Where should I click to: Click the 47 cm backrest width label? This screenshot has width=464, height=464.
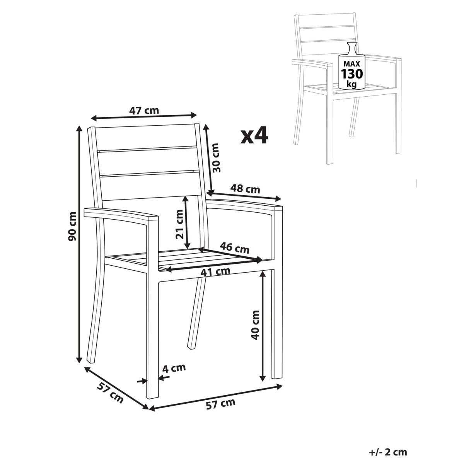pyautogui.click(x=144, y=111)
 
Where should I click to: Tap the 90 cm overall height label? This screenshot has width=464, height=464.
pyautogui.click(x=72, y=226)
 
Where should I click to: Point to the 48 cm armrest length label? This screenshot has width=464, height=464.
pyautogui.click(x=245, y=189)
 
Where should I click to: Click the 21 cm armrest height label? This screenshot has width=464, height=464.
pyautogui.click(x=180, y=224)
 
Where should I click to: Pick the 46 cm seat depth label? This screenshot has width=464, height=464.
pyautogui.click(x=234, y=248)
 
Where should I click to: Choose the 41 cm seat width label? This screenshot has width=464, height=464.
pyautogui.click(x=215, y=271)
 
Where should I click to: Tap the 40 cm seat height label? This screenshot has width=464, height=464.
pyautogui.click(x=255, y=325)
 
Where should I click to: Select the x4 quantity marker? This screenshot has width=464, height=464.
pyautogui.click(x=254, y=136)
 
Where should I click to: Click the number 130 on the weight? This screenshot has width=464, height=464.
pyautogui.click(x=352, y=74)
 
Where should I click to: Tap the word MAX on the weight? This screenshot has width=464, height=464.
pyautogui.click(x=351, y=64)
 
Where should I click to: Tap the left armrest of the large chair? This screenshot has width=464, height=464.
pyautogui.click(x=121, y=215)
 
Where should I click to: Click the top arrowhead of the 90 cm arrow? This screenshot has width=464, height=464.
pyautogui.click(x=79, y=129)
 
